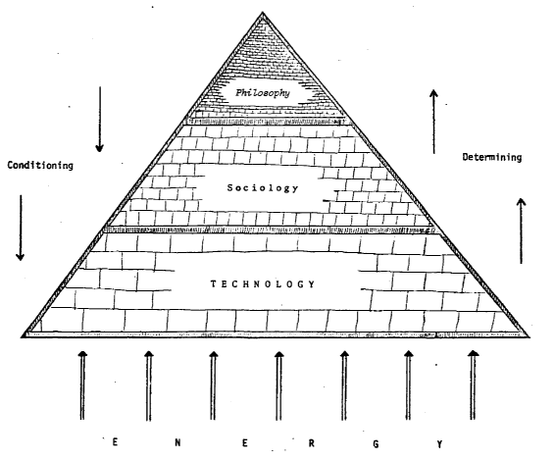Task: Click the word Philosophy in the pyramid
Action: pos(263,93)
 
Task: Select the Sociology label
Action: pos(263,187)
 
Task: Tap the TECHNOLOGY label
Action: pos(263,284)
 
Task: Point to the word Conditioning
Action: pos(40,166)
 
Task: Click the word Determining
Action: pos(492,157)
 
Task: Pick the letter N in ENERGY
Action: pos(177,442)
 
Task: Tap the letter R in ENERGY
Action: pos(311,443)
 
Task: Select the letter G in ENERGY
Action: pos(376,444)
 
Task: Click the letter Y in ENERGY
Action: pos(439,444)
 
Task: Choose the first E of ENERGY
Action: pos(115,442)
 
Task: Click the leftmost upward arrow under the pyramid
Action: pos(82,385)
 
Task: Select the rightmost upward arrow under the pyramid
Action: pos(473,384)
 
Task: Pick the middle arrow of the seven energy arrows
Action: pos(278,385)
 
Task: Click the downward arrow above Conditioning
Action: pos(100,120)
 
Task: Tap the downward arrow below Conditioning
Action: pos(21,228)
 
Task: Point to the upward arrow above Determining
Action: pos(434,122)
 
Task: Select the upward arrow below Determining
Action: pos(521,230)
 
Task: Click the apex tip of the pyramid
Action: pos(262,13)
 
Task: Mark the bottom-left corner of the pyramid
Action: pos(23,336)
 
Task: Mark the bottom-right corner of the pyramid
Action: pos(529,336)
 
